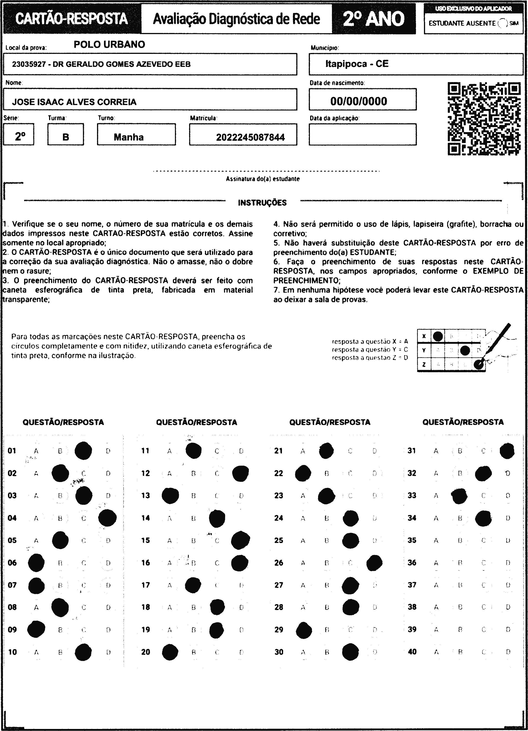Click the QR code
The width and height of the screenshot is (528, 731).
coord(484,119)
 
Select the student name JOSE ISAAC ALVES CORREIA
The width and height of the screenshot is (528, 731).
coord(74,102)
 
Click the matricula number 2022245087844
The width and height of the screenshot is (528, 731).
coord(250,137)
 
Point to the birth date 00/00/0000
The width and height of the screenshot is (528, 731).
coord(359,101)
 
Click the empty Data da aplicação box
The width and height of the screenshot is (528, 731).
coord(362,134)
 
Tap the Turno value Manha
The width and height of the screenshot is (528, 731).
coord(129,137)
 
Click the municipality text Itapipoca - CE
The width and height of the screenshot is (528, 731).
coord(357,64)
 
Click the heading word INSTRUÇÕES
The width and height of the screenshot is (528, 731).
coord(262,203)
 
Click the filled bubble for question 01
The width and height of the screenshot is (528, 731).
coord(83,451)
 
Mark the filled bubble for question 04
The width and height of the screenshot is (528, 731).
coord(108,518)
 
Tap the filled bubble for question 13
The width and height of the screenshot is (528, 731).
coord(170,496)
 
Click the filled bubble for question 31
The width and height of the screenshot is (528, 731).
coord(507,451)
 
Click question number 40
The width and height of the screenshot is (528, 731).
coord(412,652)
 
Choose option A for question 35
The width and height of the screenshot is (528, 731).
coord(436,540)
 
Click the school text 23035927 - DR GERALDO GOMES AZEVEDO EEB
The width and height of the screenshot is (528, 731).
coord(101,64)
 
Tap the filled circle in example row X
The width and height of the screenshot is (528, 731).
coord(438,337)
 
